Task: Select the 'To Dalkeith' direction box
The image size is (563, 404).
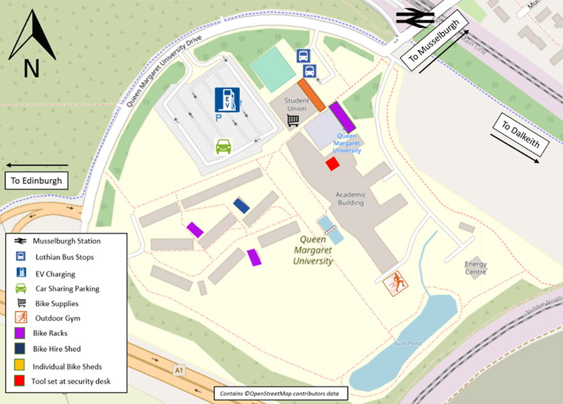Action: coord(520,136)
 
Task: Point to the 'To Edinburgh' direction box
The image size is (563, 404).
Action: coord(36,181)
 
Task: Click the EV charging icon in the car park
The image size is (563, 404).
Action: coord(227,99)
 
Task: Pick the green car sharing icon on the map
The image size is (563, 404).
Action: coord(223,146)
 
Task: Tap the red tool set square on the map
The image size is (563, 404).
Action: coord(332,164)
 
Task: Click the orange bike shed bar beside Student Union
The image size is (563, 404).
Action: coord(312,96)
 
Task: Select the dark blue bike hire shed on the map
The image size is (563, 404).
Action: coord(241,205)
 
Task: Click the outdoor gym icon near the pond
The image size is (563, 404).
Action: coord(395,283)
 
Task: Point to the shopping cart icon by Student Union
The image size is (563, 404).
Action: coord(293,120)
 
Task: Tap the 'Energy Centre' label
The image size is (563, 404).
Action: coord(476,268)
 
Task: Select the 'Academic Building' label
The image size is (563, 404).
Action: coord(350,198)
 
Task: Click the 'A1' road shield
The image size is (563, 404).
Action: coord(180,369)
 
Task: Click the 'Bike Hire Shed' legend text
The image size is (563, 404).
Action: coord(57,349)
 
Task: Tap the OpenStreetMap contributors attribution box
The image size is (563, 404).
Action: coord(281,394)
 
